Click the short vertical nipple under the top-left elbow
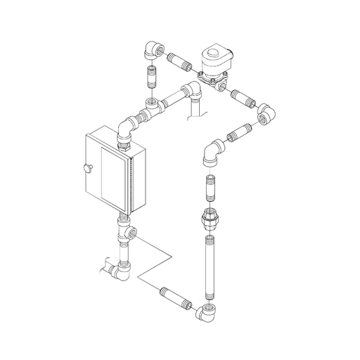(x=150, y=75)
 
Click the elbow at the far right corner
(x=266, y=113)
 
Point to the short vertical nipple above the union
(x=210, y=188)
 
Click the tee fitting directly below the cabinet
(x=127, y=232)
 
